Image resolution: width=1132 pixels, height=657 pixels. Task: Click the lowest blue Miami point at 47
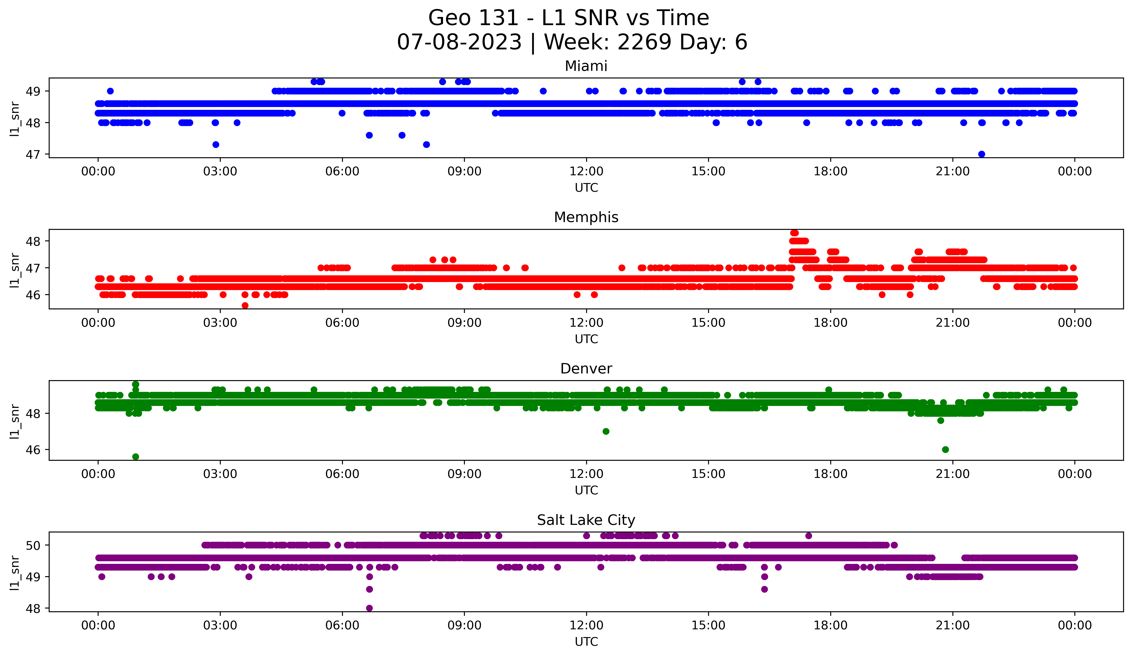[981, 154]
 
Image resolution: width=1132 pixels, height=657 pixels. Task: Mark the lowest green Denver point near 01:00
[136, 457]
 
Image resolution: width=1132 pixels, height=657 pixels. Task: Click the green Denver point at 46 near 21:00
[945, 449]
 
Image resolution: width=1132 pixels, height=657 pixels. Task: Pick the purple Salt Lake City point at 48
[369, 608]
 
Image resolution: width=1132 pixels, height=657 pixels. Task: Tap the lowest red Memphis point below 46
[245, 305]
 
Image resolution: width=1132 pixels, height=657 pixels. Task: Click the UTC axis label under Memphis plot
[586, 339]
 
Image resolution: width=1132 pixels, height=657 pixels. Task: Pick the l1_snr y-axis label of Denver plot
[15, 421]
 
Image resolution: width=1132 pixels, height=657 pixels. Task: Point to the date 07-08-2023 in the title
[459, 42]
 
